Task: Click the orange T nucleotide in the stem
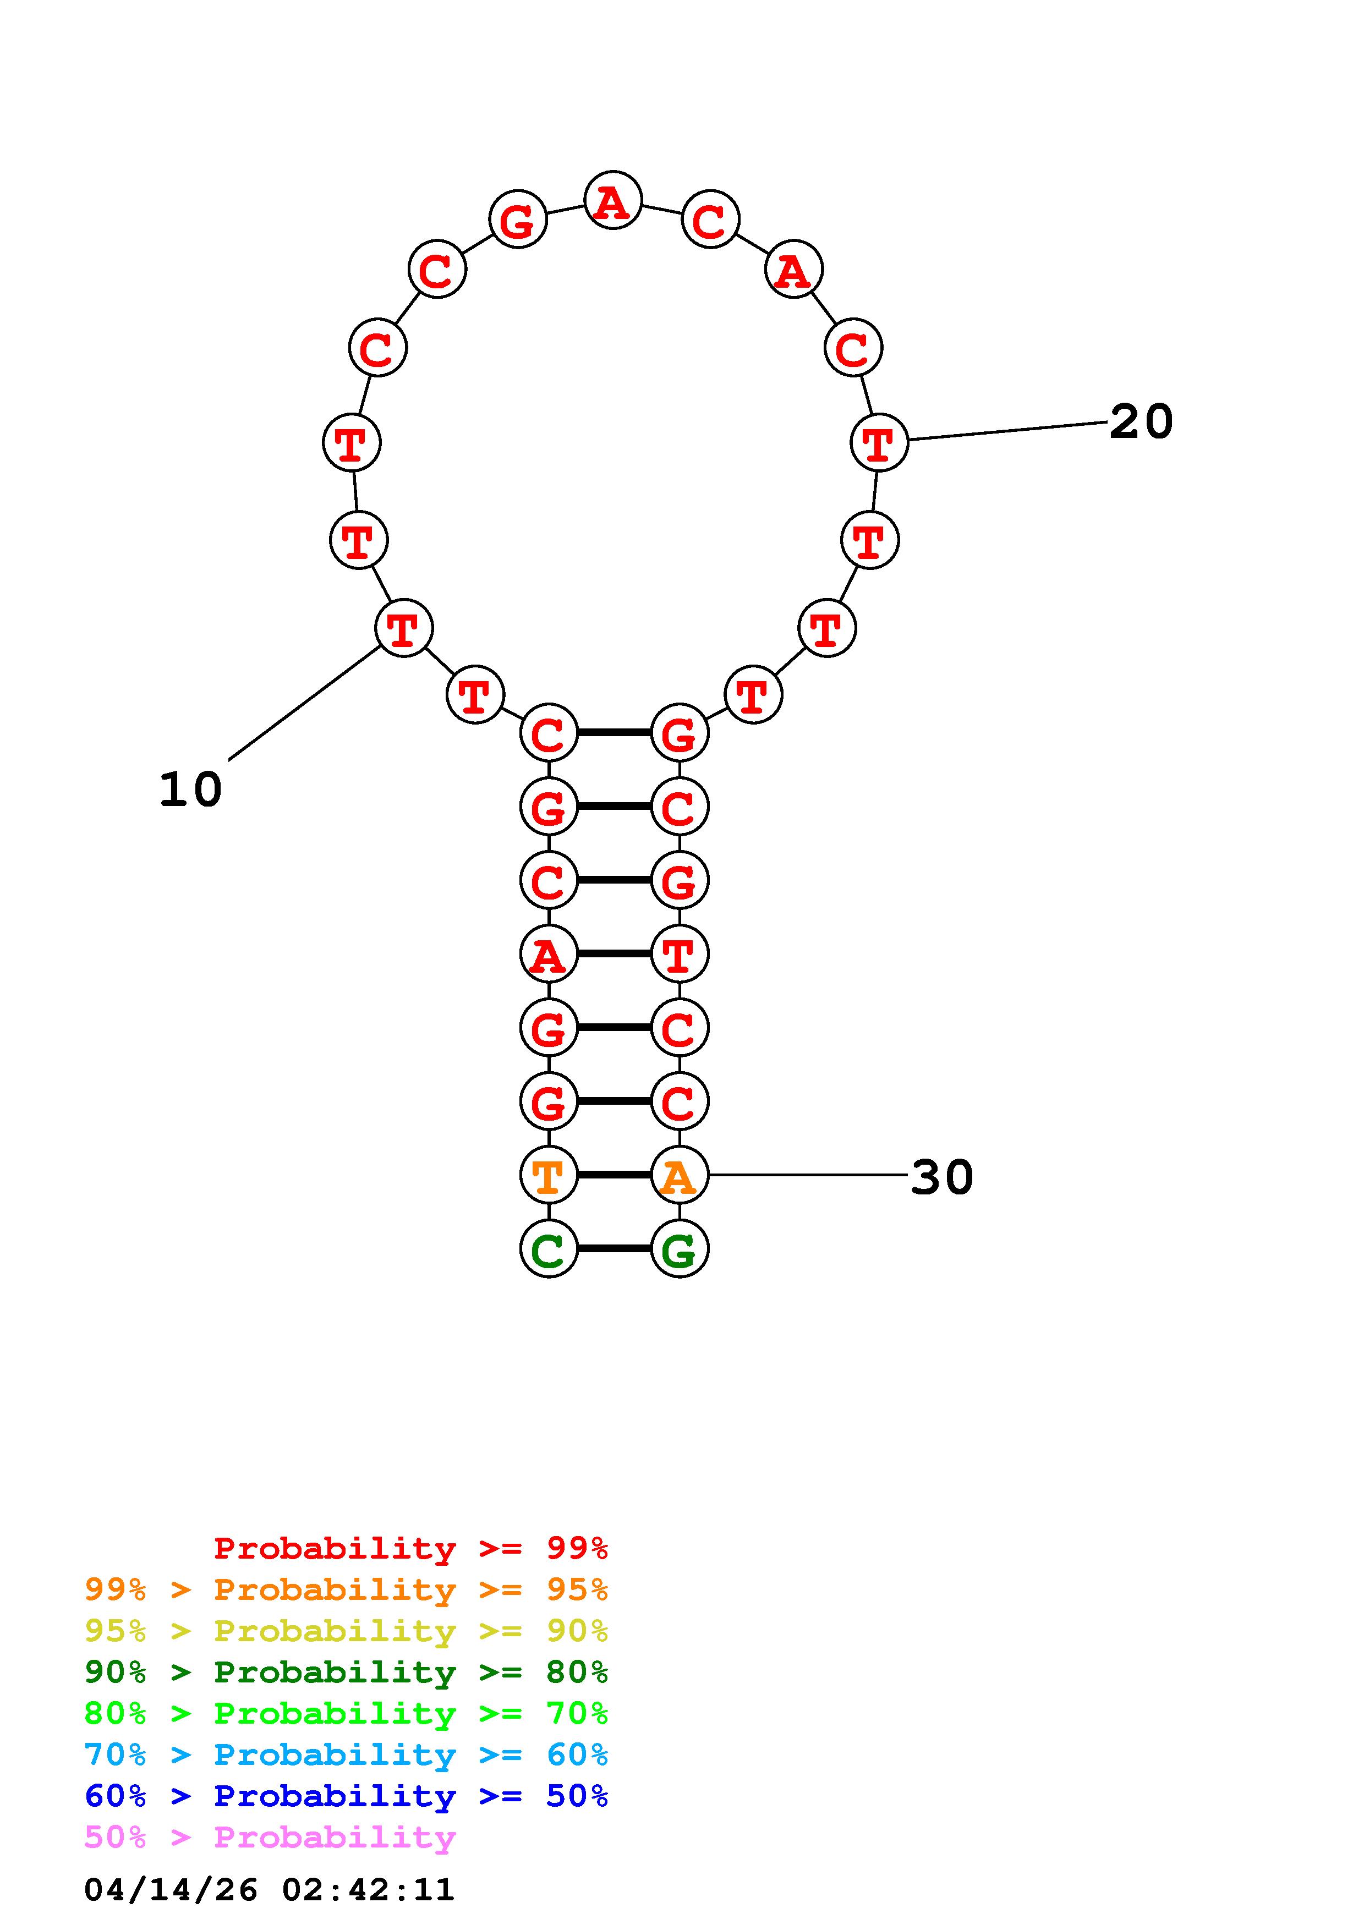click(x=549, y=1175)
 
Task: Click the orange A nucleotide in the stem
click(x=679, y=1175)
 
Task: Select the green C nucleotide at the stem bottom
click(x=549, y=1249)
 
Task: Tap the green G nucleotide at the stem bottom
click(x=679, y=1249)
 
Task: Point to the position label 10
click(x=191, y=789)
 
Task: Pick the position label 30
click(x=942, y=1177)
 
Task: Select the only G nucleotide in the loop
click(x=518, y=220)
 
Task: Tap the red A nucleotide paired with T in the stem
click(x=549, y=954)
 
